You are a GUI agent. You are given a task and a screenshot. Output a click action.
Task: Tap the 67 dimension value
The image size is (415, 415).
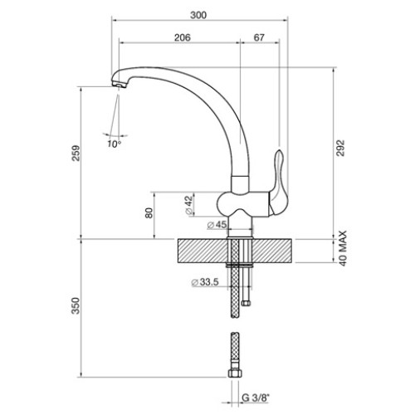(x=259, y=37)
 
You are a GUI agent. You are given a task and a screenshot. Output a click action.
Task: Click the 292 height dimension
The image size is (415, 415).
(x=339, y=146)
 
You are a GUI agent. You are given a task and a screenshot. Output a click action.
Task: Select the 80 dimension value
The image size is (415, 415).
(x=149, y=212)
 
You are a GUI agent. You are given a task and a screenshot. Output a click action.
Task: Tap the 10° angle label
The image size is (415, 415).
(x=114, y=144)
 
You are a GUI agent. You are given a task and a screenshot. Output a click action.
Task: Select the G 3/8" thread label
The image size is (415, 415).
(x=253, y=398)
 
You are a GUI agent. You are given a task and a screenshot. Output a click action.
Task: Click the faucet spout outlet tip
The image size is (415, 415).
(x=119, y=83)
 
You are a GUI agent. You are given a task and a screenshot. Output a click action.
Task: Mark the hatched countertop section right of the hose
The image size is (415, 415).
(x=274, y=251)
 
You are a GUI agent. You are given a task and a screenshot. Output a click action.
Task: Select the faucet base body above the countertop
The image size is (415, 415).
(x=242, y=203)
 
